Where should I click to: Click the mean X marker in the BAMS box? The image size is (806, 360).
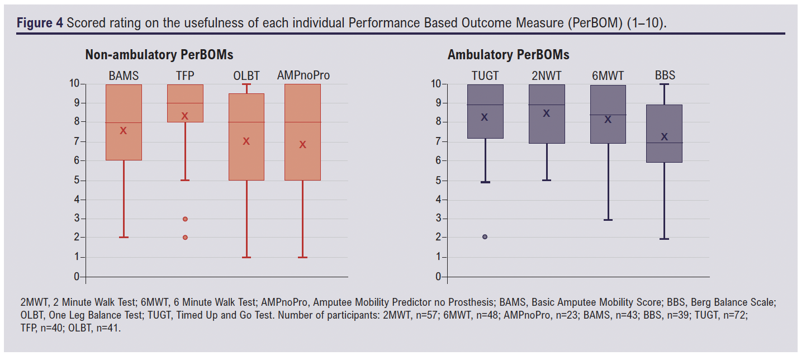coord(124,131)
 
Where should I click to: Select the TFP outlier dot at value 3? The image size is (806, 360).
coord(185,219)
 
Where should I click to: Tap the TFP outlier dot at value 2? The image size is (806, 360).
coord(185,238)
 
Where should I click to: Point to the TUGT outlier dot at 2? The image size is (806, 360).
coord(485,237)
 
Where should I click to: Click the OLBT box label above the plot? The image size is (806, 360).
coord(246,75)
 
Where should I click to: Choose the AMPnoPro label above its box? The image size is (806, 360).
coord(303,75)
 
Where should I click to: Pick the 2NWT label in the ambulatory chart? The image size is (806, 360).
coord(547,75)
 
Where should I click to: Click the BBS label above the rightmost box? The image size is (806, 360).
coord(665,75)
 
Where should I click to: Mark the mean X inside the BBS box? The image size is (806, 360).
coord(665,137)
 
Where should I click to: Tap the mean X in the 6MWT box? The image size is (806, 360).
coord(608,120)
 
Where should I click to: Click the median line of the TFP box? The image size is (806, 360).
coord(185,103)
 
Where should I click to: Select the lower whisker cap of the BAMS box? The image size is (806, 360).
coord(124,238)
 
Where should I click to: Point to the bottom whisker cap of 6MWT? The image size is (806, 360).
coord(608,220)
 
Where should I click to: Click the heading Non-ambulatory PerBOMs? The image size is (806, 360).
coord(159,55)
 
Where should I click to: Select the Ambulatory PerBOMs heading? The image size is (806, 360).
coord(508,55)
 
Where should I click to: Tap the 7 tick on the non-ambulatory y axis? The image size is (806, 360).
coord(77,141)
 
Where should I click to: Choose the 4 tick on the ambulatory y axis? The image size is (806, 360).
coord(438,200)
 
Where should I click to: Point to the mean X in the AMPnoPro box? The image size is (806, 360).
coord(303,145)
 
